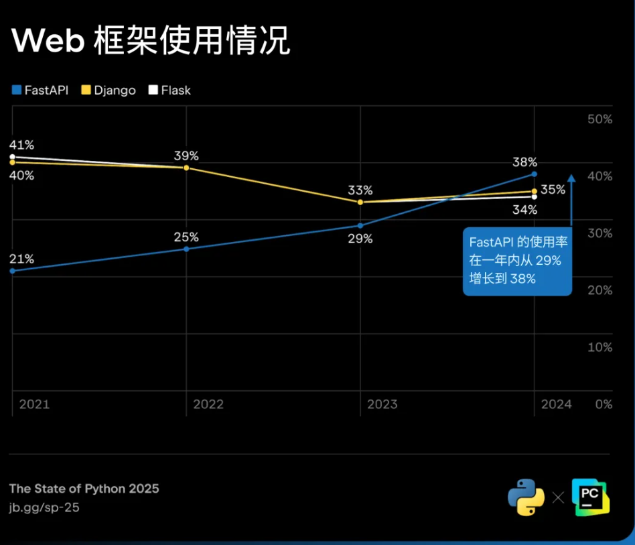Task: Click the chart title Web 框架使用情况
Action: point(151,42)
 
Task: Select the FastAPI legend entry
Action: point(40,90)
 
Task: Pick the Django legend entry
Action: point(109,90)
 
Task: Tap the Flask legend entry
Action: point(169,90)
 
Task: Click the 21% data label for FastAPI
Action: point(21,259)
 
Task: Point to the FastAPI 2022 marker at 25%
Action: point(186,249)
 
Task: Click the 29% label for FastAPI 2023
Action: point(360,239)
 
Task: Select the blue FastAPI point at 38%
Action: point(534,174)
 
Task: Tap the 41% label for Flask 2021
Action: point(21,145)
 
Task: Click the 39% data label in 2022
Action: point(186,156)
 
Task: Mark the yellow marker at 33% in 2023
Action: point(360,202)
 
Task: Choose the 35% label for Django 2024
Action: point(553,190)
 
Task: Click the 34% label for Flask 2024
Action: point(524,210)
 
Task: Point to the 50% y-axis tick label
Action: point(599,119)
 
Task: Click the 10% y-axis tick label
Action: point(599,347)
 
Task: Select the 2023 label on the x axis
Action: point(382,404)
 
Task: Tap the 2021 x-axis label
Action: point(34,404)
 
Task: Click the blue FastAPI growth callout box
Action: point(516,261)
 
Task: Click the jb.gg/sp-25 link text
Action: point(44,507)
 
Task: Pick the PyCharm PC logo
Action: point(591,497)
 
